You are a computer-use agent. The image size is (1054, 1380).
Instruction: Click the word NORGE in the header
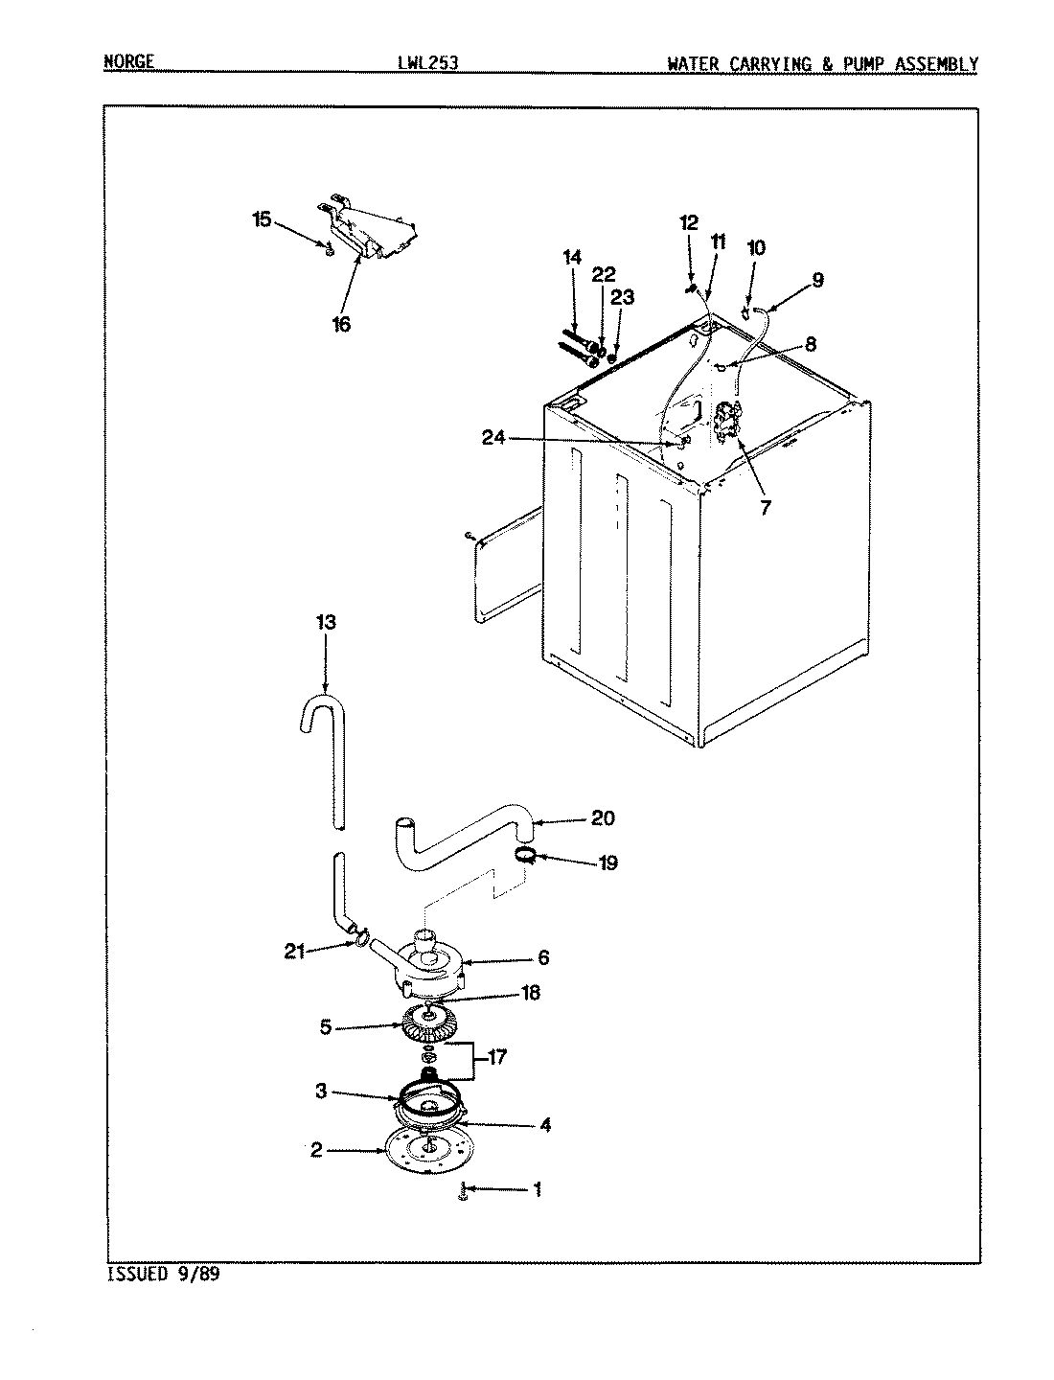(129, 63)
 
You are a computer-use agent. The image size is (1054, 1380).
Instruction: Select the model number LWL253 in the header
(428, 64)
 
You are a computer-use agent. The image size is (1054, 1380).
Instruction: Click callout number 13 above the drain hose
(325, 623)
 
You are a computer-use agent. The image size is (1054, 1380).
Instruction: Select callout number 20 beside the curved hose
(603, 818)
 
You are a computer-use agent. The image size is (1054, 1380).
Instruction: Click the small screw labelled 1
(464, 1191)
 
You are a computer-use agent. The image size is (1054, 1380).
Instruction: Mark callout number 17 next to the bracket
(495, 1059)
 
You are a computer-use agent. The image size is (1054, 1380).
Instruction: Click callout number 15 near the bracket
(261, 219)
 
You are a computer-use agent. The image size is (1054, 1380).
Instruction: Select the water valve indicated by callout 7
(730, 422)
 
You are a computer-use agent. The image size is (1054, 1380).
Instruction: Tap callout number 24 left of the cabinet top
(493, 439)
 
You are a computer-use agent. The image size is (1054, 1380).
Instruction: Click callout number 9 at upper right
(816, 281)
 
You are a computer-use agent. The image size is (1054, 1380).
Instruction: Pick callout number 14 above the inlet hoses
(572, 257)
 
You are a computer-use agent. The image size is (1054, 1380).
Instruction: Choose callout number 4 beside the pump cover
(544, 1125)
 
